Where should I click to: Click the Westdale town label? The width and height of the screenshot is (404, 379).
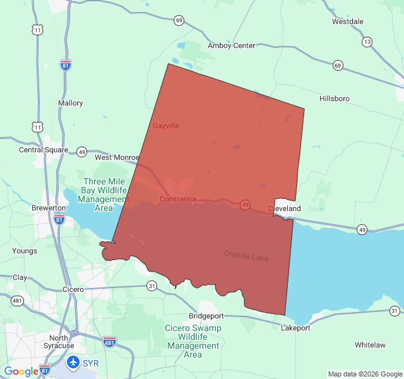click(348, 21)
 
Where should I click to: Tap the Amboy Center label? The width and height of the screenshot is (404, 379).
click(232, 45)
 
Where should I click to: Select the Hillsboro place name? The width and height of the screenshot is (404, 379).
click(335, 99)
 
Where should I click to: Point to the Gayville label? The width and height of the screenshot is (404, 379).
click(166, 126)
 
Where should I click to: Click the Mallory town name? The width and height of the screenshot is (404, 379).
click(70, 103)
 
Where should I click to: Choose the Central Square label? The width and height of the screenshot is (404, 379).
click(44, 150)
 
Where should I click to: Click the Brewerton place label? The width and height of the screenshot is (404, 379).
click(49, 208)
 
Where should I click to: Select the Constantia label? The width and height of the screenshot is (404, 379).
click(177, 199)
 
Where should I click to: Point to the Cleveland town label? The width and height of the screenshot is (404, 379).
click(285, 208)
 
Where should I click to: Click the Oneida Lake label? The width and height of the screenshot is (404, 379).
click(246, 256)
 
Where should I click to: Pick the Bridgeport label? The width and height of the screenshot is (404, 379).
click(206, 315)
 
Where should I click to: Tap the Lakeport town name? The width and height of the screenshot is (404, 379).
click(295, 328)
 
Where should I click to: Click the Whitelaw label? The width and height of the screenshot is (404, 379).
click(370, 345)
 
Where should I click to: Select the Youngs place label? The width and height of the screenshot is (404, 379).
click(25, 251)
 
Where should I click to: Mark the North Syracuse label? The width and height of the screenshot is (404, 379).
click(58, 341)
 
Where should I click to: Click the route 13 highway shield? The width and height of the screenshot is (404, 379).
click(367, 42)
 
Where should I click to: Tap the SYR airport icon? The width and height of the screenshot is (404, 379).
click(73, 363)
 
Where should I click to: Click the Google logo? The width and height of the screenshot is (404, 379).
click(21, 371)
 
